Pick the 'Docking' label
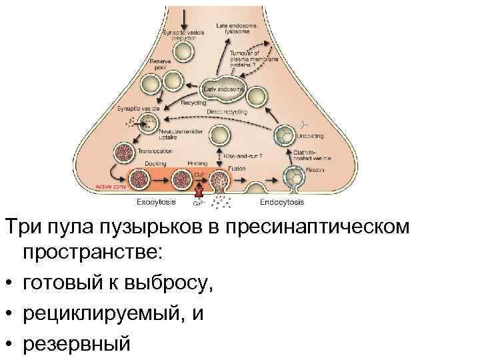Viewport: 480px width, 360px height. click(155, 162)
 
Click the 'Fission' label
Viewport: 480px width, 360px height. click(315, 170)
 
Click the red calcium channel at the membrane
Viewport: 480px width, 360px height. click(198, 191)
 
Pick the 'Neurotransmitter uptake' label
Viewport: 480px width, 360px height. click(182, 135)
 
